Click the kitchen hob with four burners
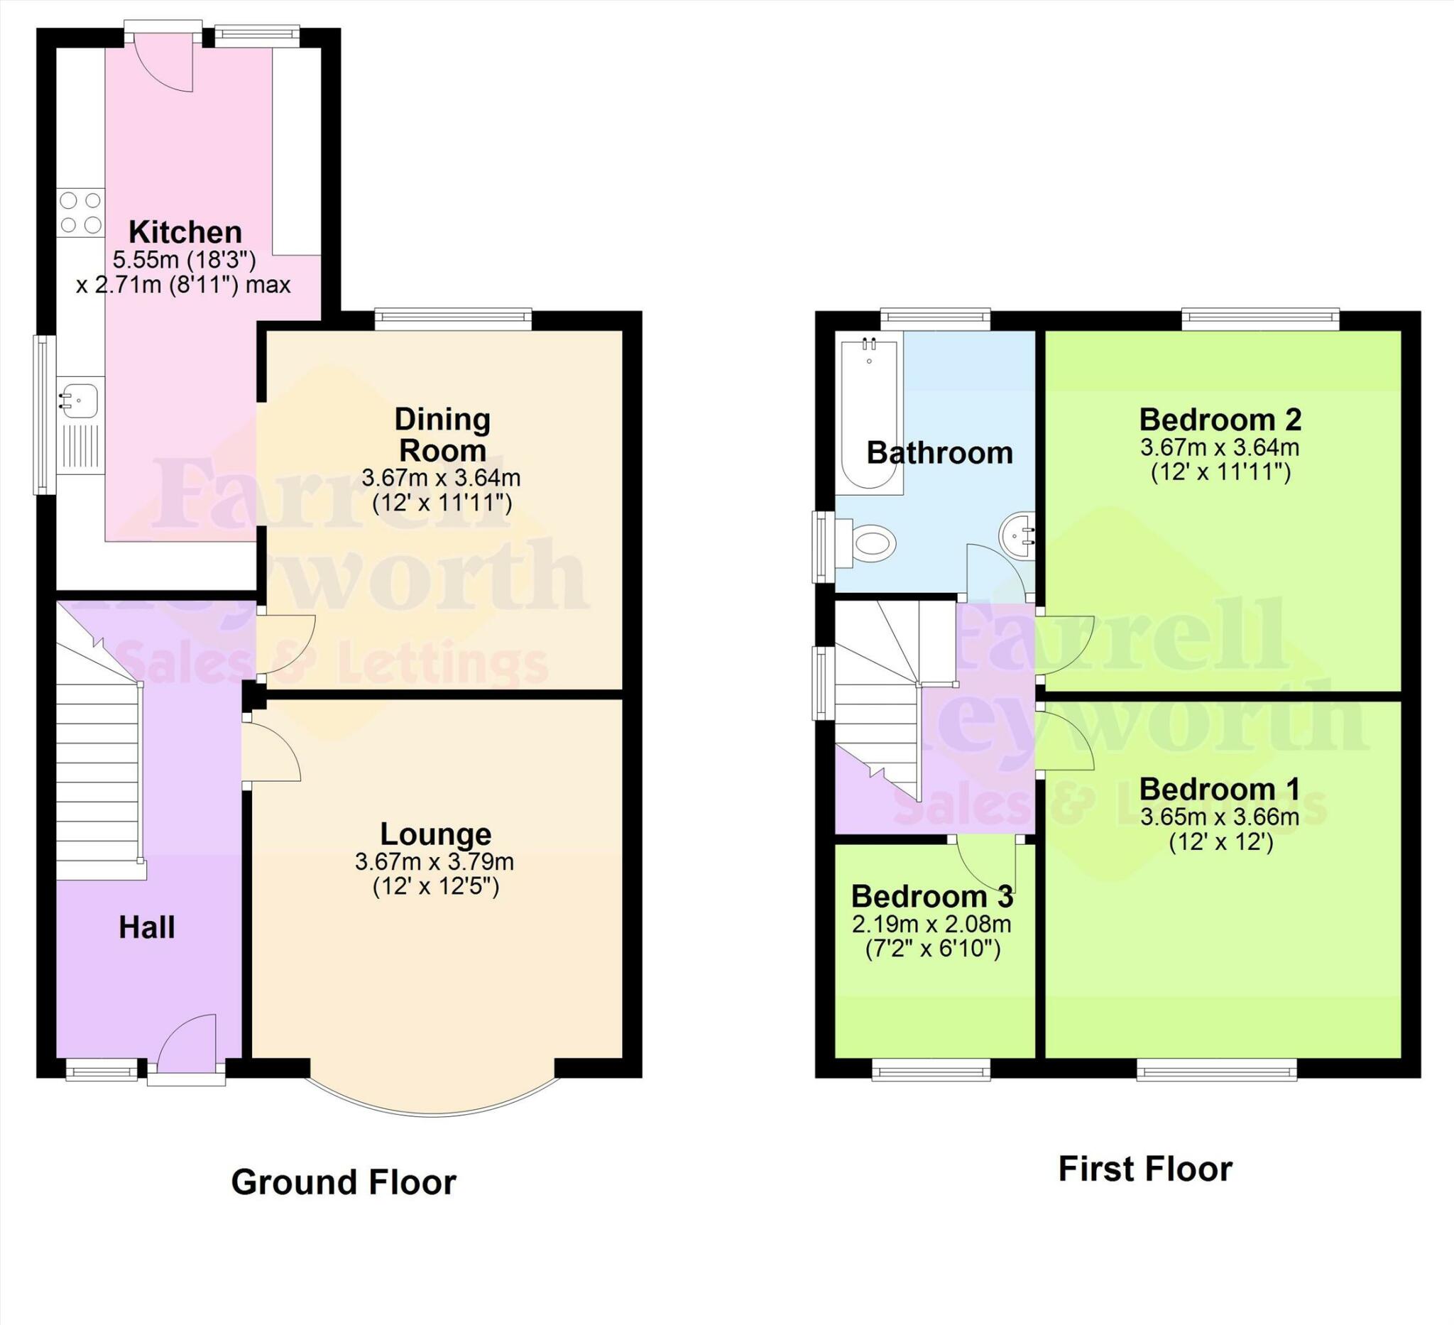tap(81, 213)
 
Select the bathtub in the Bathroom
tap(870, 413)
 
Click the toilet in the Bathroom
tap(870, 542)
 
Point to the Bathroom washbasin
tap(1017, 535)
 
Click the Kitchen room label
tap(185, 232)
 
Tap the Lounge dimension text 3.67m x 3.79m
tap(434, 861)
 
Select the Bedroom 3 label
tap(932, 897)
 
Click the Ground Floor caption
tap(344, 1182)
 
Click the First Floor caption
tap(1144, 1169)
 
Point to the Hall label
tap(146, 927)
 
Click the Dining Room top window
tap(453, 318)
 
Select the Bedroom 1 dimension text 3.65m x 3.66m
tap(1220, 817)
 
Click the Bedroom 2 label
tap(1220, 419)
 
